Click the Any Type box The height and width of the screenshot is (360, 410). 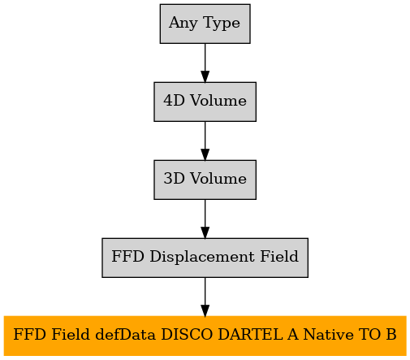point(205,24)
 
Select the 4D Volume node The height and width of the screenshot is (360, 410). point(205,102)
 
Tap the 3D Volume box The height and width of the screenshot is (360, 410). point(205,180)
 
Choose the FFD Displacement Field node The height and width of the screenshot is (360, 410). point(205,258)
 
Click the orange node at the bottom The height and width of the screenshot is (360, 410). point(205,336)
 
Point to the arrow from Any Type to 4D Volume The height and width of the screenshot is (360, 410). point(205,63)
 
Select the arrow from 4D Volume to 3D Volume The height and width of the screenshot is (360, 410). point(205,141)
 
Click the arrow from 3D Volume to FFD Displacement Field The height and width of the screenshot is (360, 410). point(205,219)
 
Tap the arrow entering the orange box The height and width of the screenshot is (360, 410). point(205,297)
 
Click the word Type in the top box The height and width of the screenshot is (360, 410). point(222,24)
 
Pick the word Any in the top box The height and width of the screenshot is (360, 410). point(183,24)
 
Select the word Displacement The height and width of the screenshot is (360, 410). point(202,257)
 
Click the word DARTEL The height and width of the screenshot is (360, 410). point(250,335)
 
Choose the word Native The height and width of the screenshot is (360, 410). point(328,335)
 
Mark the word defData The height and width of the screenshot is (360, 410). point(126,335)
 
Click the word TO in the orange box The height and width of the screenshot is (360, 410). point(368,335)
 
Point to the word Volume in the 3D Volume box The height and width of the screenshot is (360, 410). point(218,179)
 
